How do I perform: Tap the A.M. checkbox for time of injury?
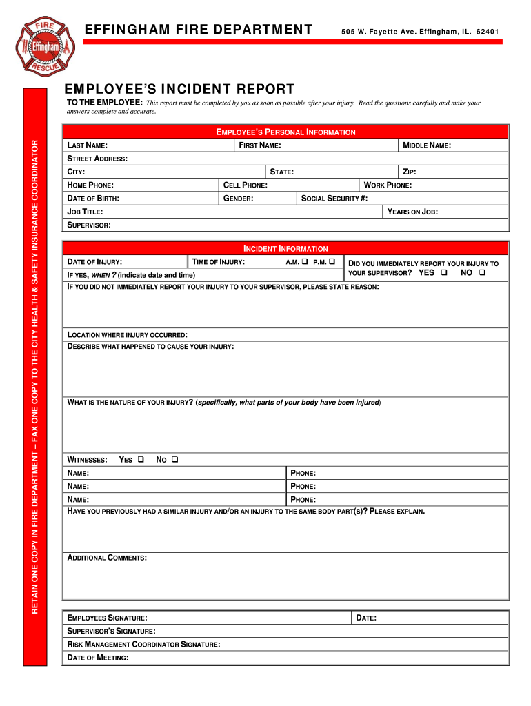click(x=304, y=262)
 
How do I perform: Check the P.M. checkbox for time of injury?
click(x=332, y=262)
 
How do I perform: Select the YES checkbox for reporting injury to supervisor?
click(x=444, y=273)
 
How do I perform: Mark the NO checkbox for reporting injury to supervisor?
click(x=482, y=273)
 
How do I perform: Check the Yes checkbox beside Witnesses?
click(x=140, y=459)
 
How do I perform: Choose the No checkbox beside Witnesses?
click(x=174, y=459)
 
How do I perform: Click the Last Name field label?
click(x=87, y=145)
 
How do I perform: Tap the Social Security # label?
click(x=334, y=199)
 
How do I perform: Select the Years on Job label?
click(x=412, y=212)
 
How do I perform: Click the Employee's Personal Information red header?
click(x=286, y=132)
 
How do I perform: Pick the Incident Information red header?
click(x=286, y=248)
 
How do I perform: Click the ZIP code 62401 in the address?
click(x=488, y=31)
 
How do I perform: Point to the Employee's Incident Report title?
click(x=179, y=90)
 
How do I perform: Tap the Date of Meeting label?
click(x=97, y=658)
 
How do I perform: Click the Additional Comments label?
click(x=107, y=558)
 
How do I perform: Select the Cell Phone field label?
click(x=246, y=185)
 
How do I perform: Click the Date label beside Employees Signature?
click(x=365, y=618)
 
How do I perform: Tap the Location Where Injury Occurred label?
click(x=127, y=334)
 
